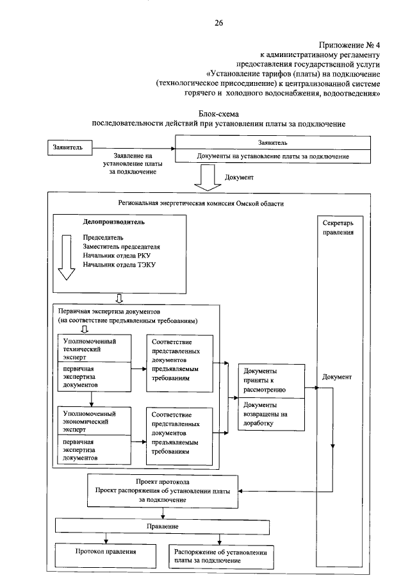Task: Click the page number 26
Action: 218,23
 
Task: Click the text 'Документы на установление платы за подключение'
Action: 272,157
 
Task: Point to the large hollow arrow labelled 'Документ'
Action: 206,177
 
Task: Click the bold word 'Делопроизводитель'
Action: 113,222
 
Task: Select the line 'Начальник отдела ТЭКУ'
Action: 119,264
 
